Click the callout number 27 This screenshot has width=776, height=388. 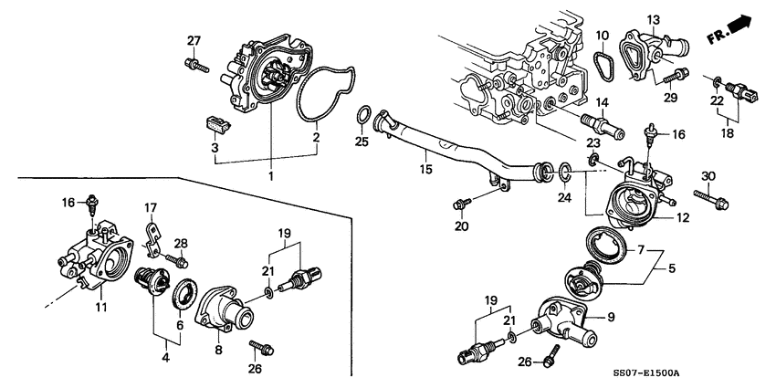[x=193, y=40]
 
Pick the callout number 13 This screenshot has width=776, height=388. [x=654, y=19]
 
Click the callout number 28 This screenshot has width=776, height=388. [x=181, y=243]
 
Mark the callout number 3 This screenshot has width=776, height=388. [x=215, y=147]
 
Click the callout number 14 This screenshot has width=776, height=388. [x=603, y=103]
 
